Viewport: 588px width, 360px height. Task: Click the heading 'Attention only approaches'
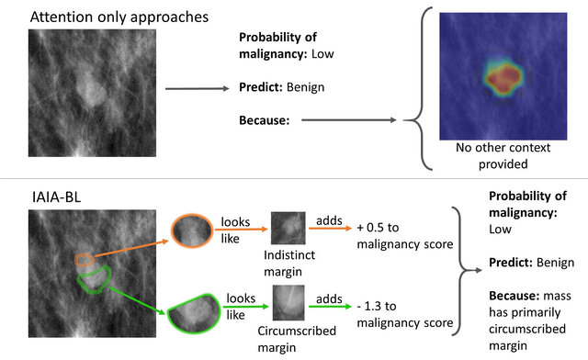[x=119, y=17]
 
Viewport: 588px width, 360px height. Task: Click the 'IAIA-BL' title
[x=56, y=197]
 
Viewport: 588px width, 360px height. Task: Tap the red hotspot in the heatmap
[x=503, y=80]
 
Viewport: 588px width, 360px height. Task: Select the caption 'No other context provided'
[x=503, y=155]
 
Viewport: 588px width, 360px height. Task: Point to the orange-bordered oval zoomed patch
[x=192, y=231]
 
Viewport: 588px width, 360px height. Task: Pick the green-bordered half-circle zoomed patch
[x=194, y=314]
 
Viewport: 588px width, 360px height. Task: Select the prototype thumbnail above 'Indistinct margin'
[x=288, y=229]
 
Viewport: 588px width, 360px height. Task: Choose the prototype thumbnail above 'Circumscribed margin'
[x=288, y=303]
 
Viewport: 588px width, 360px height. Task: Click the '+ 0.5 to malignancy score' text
[x=405, y=235]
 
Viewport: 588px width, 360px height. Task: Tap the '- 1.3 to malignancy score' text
[x=405, y=314]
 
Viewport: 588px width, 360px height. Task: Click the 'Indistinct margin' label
[x=289, y=263]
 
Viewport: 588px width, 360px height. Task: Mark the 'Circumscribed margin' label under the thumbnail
[x=297, y=339]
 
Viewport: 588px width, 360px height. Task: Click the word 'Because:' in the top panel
[x=265, y=120]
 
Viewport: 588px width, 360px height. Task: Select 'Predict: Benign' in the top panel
[x=282, y=87]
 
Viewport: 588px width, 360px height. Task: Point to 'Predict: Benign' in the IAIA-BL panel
[x=531, y=263]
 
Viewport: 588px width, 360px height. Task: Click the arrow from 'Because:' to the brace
[x=349, y=120]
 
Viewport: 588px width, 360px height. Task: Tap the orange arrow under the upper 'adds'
[x=331, y=228]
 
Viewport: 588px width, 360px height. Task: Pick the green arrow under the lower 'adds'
[x=331, y=307]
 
